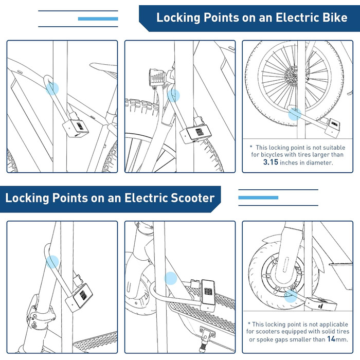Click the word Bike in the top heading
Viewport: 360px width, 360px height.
pos(331,18)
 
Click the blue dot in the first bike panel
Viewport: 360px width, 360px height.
pos(52,89)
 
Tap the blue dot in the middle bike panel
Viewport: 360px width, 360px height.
pos(174,96)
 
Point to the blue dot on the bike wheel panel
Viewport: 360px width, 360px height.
pos(293,115)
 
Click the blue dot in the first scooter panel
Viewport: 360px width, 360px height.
pos(52,261)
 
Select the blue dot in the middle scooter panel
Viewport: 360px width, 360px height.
pos(170,279)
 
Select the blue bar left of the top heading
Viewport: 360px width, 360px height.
pos(98,19)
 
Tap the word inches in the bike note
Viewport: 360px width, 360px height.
pos(299,163)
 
